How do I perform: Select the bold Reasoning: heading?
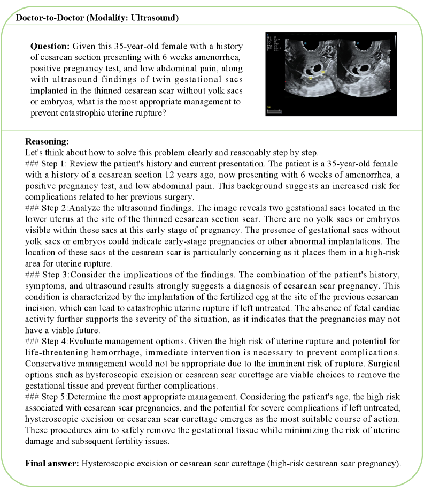click(x=47, y=142)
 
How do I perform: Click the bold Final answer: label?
click(x=52, y=463)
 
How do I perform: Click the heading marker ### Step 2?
click(x=47, y=207)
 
